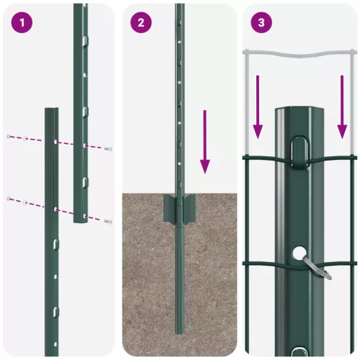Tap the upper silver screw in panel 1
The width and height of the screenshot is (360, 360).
(108, 148)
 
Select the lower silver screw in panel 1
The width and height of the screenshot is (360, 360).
(108, 220)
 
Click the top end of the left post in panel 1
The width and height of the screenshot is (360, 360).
(52, 111)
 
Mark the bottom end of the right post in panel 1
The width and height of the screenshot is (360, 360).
(80, 220)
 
